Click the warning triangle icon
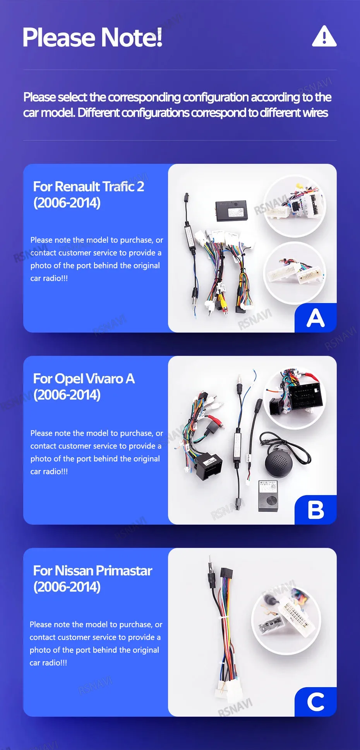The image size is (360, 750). pyautogui.click(x=324, y=36)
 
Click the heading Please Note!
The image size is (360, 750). pyautogui.click(x=93, y=38)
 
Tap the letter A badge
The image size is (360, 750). pyautogui.click(x=315, y=318)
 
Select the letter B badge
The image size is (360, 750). pyautogui.click(x=315, y=510)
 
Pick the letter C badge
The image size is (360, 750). pyautogui.click(x=315, y=702)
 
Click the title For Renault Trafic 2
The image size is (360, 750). pyautogui.click(x=89, y=187)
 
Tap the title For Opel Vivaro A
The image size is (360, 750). pyautogui.click(x=84, y=379)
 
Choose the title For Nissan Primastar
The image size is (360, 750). pyautogui.click(x=93, y=571)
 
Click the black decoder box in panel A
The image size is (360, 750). pyautogui.click(x=231, y=210)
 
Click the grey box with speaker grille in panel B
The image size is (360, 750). pyautogui.click(x=268, y=496)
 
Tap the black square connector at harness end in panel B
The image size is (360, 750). pyautogui.click(x=209, y=466)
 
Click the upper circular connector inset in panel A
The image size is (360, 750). pyautogui.click(x=295, y=206)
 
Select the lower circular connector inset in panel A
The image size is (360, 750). pyautogui.click(x=295, y=273)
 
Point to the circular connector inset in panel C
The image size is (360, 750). pyautogui.click(x=286, y=620)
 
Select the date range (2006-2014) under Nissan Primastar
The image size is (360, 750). pyautogui.click(x=67, y=587)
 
